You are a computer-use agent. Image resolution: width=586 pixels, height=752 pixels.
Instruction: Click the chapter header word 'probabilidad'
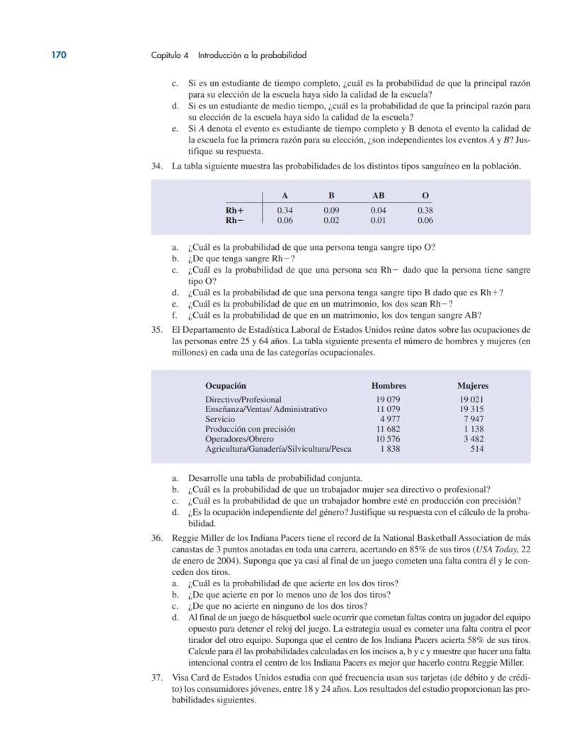pyautogui.click(x=282, y=55)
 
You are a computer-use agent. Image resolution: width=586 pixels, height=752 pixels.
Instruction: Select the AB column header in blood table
pyautogui.click(x=378, y=195)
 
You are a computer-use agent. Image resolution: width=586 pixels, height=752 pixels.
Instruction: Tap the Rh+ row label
pyautogui.click(x=235, y=210)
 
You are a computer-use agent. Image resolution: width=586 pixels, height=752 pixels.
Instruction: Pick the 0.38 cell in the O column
pyautogui.click(x=425, y=210)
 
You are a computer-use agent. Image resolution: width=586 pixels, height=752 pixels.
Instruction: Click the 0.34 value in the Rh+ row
pyautogui.click(x=285, y=210)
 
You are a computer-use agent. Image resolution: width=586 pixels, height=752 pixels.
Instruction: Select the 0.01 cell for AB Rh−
pyautogui.click(x=378, y=220)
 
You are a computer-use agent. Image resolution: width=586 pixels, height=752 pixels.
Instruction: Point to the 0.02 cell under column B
pyautogui.click(x=331, y=220)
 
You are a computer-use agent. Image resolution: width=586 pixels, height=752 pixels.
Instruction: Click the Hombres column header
pyautogui.click(x=389, y=386)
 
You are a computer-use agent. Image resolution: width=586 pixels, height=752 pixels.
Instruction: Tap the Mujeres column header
pyautogui.click(x=473, y=386)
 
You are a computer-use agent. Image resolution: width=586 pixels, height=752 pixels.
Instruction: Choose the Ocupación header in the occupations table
pyautogui.click(x=226, y=386)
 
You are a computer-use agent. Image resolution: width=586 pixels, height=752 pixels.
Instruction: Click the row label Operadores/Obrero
pyautogui.click(x=241, y=439)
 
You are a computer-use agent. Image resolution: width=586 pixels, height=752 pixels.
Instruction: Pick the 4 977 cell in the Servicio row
pyautogui.click(x=390, y=419)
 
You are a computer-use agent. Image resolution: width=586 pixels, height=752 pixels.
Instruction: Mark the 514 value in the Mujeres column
pyautogui.click(x=477, y=449)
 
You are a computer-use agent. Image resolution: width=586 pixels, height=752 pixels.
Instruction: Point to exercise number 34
pyautogui.click(x=157, y=166)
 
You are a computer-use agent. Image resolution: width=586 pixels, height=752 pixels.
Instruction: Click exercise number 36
pyautogui.click(x=157, y=538)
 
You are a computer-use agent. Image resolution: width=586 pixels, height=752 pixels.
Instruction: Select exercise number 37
pyautogui.click(x=157, y=677)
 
